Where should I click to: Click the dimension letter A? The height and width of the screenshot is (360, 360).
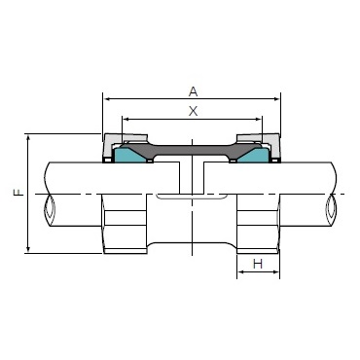[192, 90]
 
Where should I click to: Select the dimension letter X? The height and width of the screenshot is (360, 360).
[192, 111]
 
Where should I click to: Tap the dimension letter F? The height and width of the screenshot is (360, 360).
[18, 194]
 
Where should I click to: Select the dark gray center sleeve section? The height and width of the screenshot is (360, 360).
[192, 151]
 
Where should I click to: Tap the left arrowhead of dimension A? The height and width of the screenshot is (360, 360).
[107, 98]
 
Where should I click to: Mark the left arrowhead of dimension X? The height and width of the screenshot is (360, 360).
[126, 120]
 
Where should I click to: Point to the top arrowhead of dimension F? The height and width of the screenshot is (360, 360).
[28, 137]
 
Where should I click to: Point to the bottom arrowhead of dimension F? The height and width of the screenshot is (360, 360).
[28, 250]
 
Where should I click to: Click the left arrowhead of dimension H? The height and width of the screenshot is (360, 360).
[240, 274]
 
